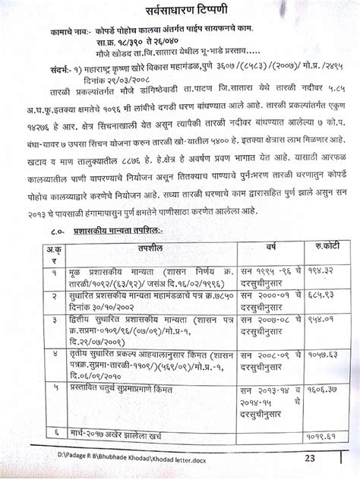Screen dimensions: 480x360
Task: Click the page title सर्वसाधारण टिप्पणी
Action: pyautogui.click(x=183, y=13)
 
